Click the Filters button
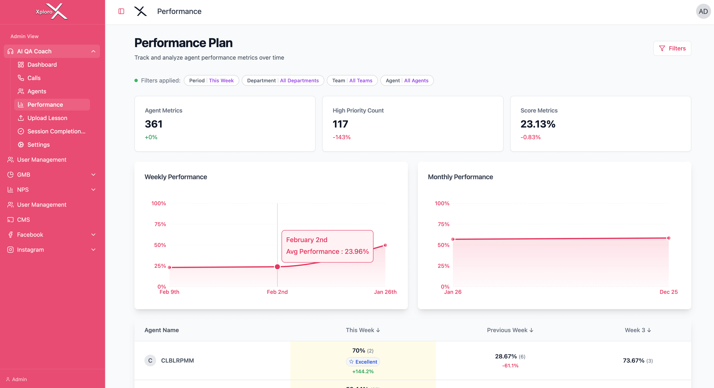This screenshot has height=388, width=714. pyautogui.click(x=672, y=49)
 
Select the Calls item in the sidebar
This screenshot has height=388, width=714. pyautogui.click(x=34, y=78)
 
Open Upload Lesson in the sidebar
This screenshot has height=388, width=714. pyautogui.click(x=47, y=118)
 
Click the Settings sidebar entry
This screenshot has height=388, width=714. pyautogui.click(x=39, y=145)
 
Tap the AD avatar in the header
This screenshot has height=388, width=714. pyautogui.click(x=703, y=11)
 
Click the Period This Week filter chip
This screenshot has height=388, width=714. pyautogui.click(x=211, y=81)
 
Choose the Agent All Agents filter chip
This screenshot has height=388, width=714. pyautogui.click(x=407, y=81)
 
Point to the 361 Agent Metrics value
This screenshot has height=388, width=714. pyautogui.click(x=154, y=124)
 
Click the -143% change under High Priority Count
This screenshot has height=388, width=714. pyautogui.click(x=342, y=137)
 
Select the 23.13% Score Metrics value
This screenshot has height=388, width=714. pyautogui.click(x=538, y=124)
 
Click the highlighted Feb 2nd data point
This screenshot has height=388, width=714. pyautogui.click(x=277, y=267)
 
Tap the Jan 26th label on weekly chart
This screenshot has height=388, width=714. pyautogui.click(x=385, y=292)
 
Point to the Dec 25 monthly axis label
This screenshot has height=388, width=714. pyautogui.click(x=668, y=292)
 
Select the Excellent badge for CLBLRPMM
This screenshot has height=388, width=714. pyautogui.click(x=363, y=362)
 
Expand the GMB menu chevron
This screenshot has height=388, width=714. pyautogui.click(x=93, y=175)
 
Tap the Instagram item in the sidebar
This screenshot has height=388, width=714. pyautogui.click(x=30, y=250)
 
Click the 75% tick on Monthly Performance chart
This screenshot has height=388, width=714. pyautogui.click(x=443, y=224)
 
